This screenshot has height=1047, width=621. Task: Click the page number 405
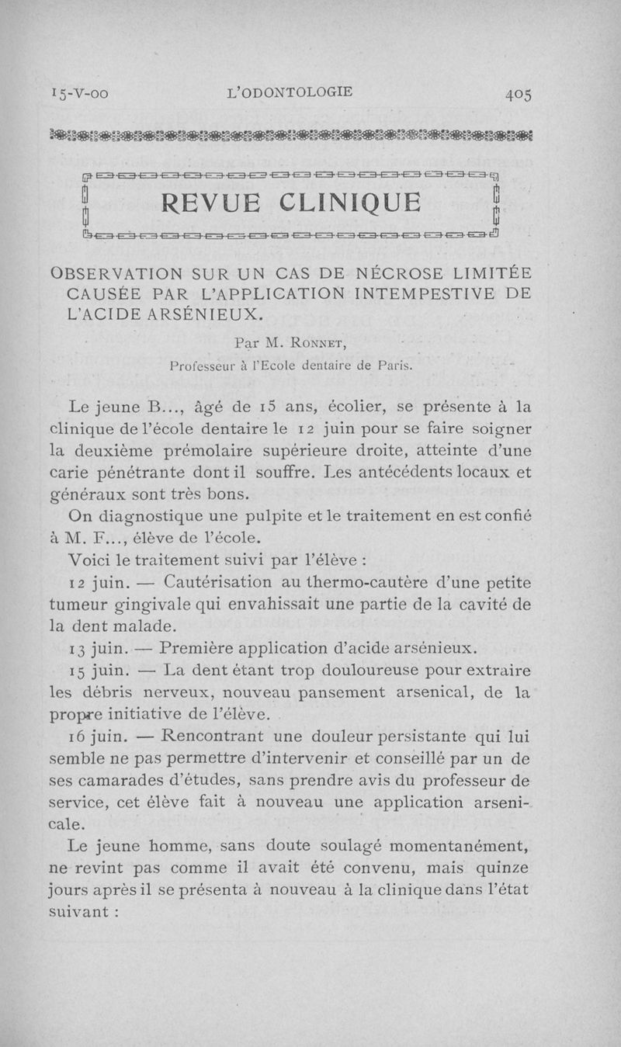pos(518,93)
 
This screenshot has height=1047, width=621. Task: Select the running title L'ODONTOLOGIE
pos(288,92)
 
